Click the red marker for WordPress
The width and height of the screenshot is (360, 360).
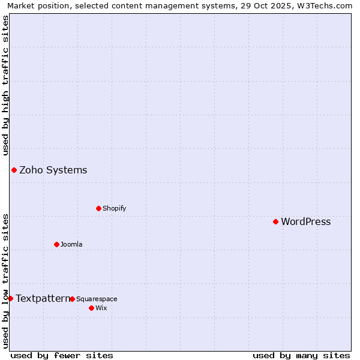click(x=276, y=221)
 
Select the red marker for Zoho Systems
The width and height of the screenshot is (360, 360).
click(x=14, y=170)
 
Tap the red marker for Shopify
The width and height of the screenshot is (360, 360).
click(x=98, y=208)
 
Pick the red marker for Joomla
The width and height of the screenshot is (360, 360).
click(x=56, y=244)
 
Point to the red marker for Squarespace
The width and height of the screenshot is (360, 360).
click(x=72, y=299)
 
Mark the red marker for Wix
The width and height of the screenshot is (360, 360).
click(x=91, y=308)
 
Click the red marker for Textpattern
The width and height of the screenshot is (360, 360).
click(x=10, y=298)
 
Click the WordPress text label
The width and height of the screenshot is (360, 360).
click(x=305, y=222)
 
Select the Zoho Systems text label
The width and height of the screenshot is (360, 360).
click(x=53, y=170)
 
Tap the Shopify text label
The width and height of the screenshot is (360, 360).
click(x=114, y=209)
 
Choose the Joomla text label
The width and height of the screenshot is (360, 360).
click(x=71, y=245)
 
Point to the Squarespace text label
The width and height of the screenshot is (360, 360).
click(x=97, y=299)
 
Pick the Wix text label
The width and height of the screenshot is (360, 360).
click(x=101, y=308)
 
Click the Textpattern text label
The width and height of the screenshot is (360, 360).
click(x=43, y=299)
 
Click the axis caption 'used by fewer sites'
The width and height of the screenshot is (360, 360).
click(x=62, y=355)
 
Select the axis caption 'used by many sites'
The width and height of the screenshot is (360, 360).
click(x=301, y=355)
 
